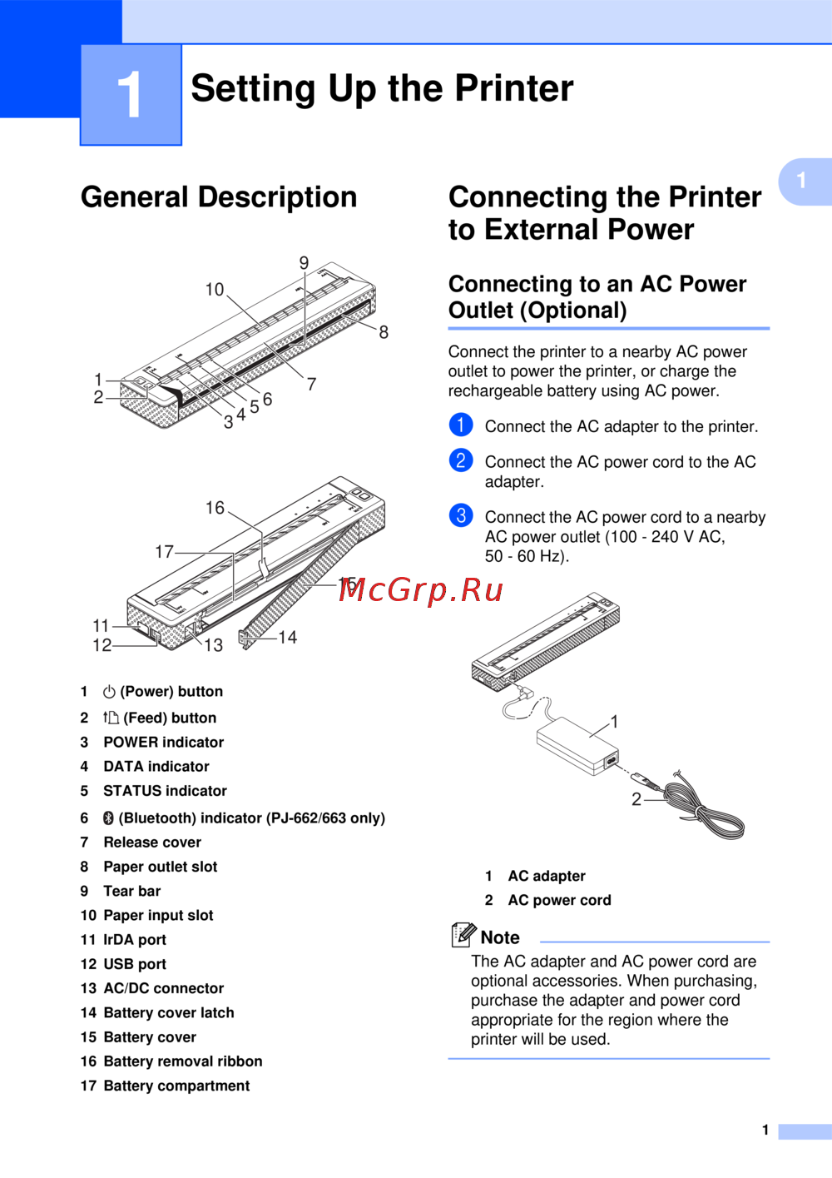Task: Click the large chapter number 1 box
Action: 131,94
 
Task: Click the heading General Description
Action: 219,197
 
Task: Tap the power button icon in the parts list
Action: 109,692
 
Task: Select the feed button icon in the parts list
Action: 111,718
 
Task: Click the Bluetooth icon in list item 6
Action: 108,818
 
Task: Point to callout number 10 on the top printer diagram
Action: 215,290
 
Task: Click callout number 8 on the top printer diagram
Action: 384,332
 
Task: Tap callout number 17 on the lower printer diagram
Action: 164,552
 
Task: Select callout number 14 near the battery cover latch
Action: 288,638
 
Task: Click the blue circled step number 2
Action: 461,460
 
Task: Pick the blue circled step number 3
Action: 461,515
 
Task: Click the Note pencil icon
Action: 463,935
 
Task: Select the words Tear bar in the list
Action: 131,891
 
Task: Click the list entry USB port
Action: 135,964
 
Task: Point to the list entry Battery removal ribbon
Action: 183,1061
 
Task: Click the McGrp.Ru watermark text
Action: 421,589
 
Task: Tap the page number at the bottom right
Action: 765,1130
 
